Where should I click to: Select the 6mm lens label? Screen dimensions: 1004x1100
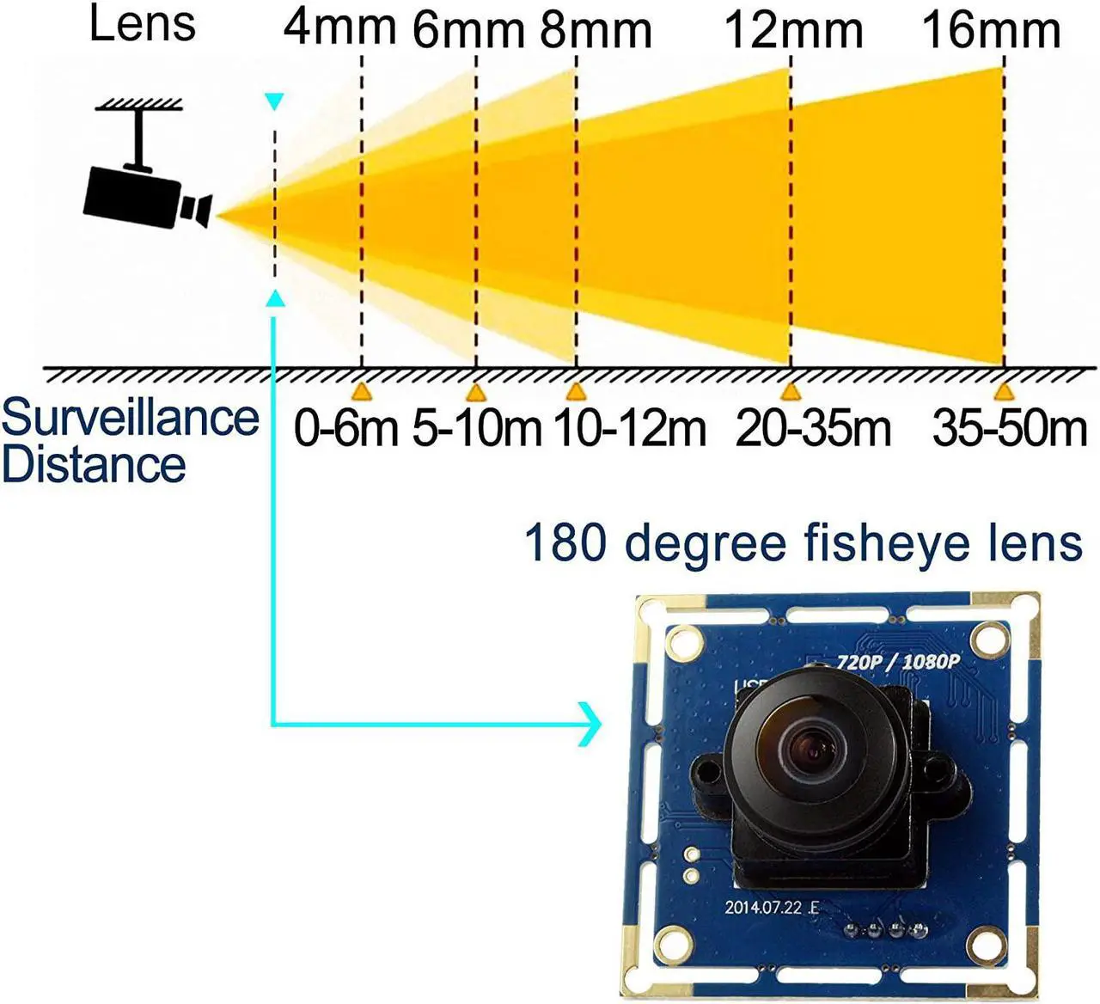467,30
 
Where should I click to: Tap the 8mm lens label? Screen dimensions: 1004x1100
596,30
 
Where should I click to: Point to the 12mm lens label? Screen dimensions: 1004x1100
794,30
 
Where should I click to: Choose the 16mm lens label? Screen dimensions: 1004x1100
991,30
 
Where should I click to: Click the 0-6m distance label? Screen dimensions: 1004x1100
346,428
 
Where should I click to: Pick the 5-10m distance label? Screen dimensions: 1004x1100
477,428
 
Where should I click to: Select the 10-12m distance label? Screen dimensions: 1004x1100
630,428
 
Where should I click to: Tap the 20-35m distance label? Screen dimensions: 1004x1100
813,428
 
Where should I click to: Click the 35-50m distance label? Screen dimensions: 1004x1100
1010,428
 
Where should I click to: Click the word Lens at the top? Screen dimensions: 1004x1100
143,23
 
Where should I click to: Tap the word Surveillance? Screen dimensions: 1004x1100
130,419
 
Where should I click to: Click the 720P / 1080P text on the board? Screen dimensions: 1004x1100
885,661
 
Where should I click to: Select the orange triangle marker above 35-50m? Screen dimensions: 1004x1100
1002,392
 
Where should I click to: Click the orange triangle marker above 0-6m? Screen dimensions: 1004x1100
363,392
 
